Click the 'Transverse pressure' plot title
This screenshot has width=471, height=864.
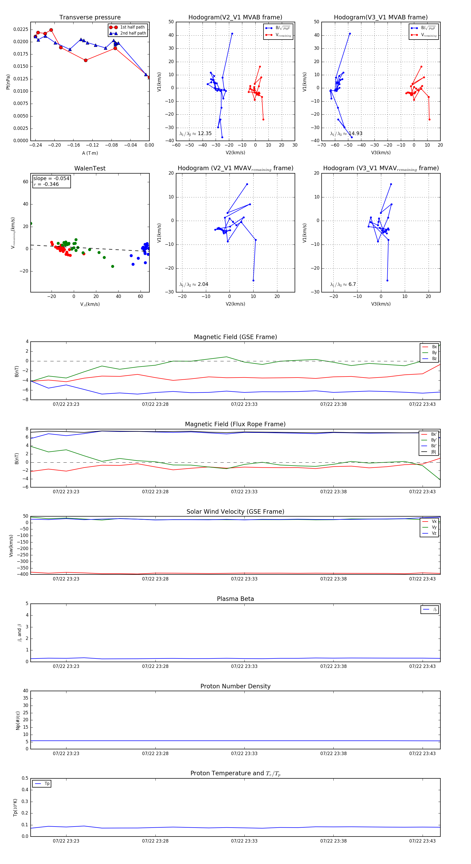90,18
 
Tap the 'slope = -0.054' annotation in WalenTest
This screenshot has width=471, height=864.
51,179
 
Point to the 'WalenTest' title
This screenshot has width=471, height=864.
90,168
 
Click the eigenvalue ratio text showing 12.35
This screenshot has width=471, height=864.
195,134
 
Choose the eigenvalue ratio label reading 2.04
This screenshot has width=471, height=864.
194,284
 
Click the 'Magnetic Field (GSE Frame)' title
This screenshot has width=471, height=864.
235,337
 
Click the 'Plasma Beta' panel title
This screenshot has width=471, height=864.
235,599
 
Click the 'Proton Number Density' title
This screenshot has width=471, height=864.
235,686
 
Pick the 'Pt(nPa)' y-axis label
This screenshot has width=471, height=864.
8,82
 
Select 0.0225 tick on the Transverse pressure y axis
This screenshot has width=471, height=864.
21,30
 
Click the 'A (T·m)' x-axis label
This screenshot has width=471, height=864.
90,153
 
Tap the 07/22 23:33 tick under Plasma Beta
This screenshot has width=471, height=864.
244,666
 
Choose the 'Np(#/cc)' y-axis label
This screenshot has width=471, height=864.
18,721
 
